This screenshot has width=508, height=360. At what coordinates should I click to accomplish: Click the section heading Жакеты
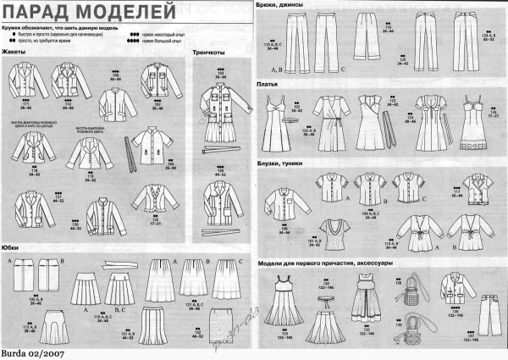16,53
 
